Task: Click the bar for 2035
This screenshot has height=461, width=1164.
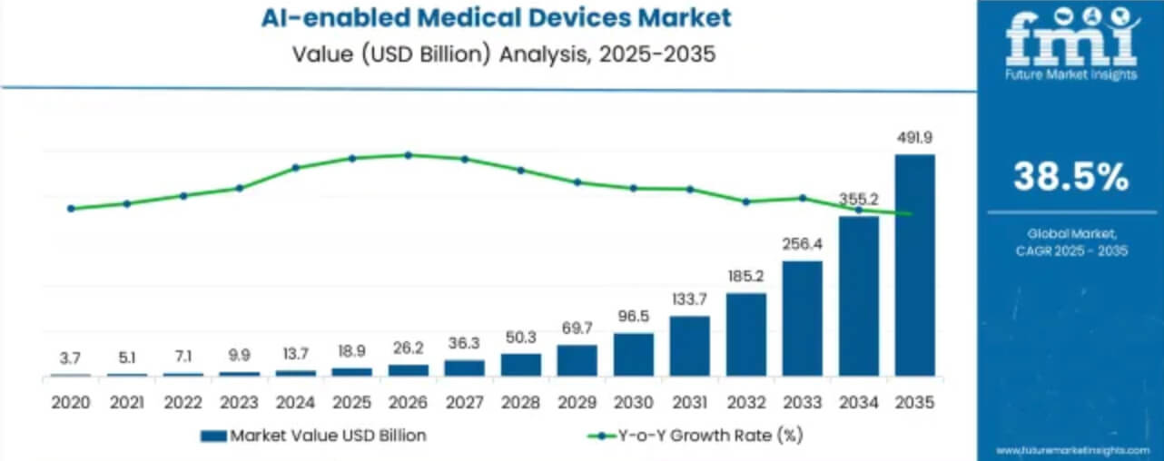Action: click(x=914, y=265)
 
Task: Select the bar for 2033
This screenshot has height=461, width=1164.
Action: click(x=802, y=319)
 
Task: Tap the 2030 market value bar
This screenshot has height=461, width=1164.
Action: click(x=633, y=354)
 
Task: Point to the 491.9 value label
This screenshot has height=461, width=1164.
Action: click(x=914, y=138)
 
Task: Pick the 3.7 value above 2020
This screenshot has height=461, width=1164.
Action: click(x=70, y=359)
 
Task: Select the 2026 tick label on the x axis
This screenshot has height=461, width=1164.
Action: click(x=408, y=401)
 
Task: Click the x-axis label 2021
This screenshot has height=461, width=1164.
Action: click(x=126, y=401)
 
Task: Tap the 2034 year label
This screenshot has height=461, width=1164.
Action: click(x=858, y=401)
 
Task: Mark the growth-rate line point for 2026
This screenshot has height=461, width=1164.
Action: click(x=408, y=155)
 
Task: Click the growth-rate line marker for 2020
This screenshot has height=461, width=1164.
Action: click(x=71, y=209)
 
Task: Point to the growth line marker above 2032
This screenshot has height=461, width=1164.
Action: click(x=745, y=201)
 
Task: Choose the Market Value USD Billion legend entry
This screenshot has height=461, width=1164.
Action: click(x=313, y=436)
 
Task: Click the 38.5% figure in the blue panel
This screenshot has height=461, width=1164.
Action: click(x=1071, y=177)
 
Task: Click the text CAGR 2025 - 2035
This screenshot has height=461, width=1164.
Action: click(x=1071, y=250)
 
